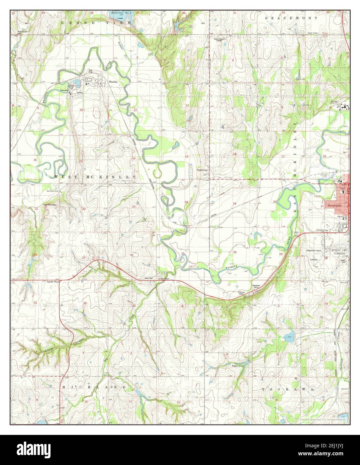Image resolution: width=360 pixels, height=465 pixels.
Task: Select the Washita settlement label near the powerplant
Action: coord(112,82)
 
